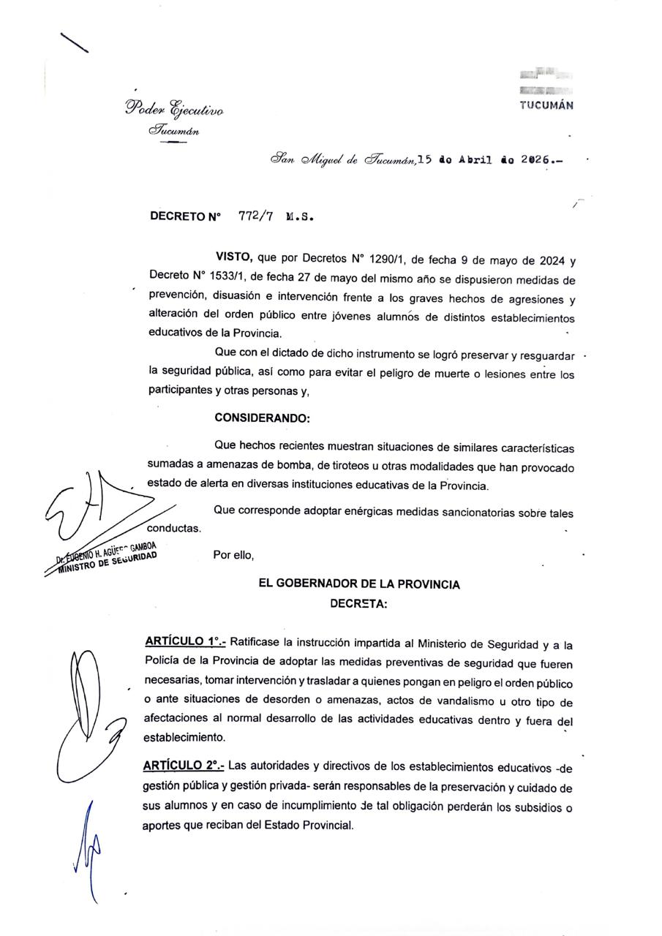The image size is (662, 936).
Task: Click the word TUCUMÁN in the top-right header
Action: [546, 105]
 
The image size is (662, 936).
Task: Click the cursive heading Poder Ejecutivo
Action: [174, 110]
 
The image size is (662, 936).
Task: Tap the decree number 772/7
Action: [256, 216]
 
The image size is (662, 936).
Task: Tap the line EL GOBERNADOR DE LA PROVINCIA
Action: [359, 584]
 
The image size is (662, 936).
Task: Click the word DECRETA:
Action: [359, 604]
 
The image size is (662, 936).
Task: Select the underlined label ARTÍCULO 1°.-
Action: [185, 643]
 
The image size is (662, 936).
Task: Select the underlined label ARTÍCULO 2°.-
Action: [184, 766]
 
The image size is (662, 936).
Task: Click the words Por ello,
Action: [233, 554]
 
